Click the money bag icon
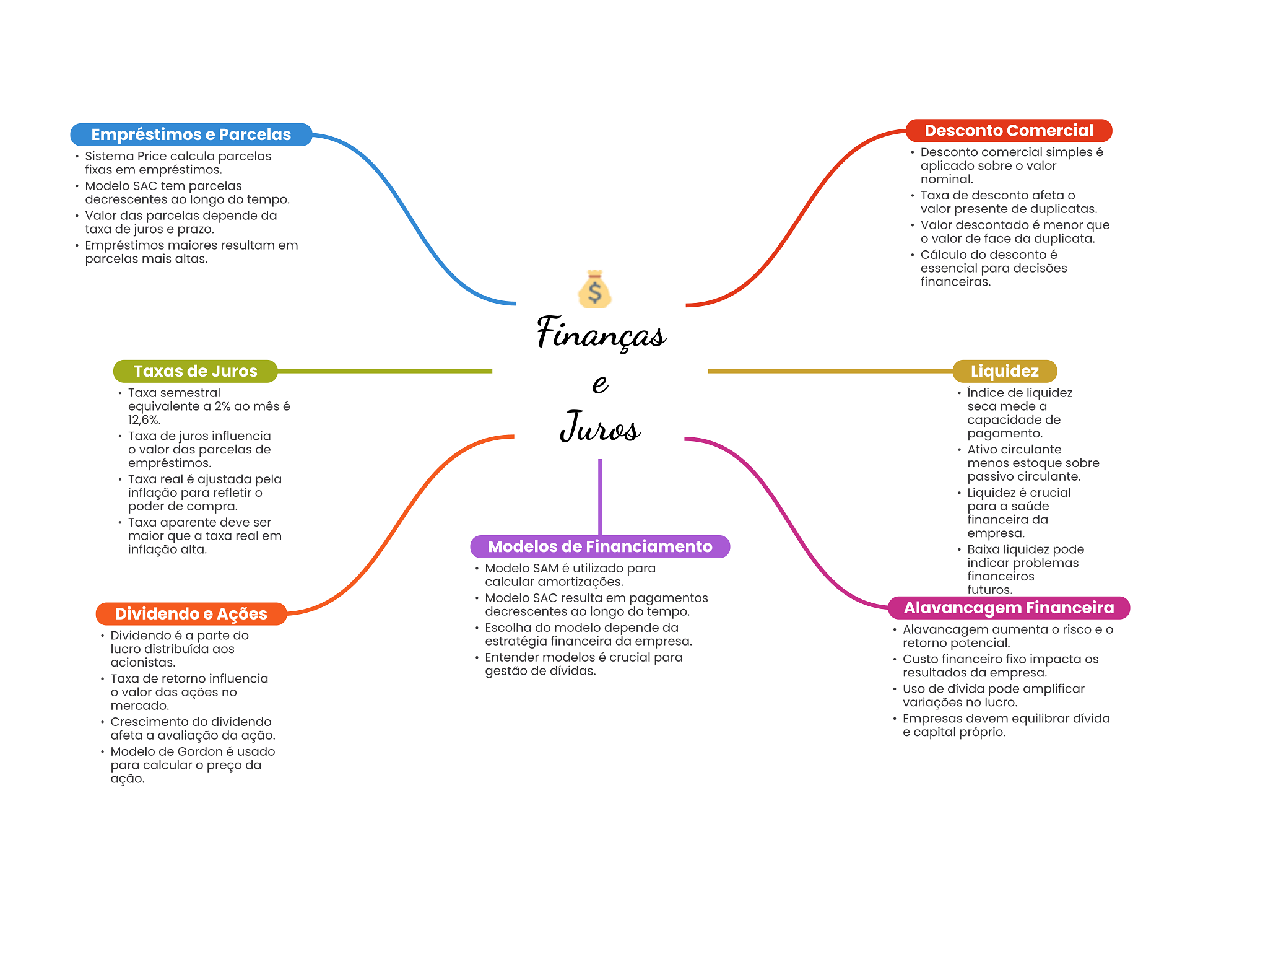click(x=594, y=289)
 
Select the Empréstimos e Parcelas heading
click(x=191, y=134)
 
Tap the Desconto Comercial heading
click(x=1009, y=131)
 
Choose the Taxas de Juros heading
click(x=195, y=371)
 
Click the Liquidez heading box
click(x=1004, y=371)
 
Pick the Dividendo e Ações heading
click(x=191, y=614)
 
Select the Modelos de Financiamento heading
click(x=600, y=546)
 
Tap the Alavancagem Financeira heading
click(x=1009, y=608)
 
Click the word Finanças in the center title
click(x=601, y=333)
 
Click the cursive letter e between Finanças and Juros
click(x=600, y=383)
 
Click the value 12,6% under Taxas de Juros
click(x=144, y=420)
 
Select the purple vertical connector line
click(x=600, y=497)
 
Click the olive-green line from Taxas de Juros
click(x=384, y=371)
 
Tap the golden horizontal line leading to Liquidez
click(x=830, y=371)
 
